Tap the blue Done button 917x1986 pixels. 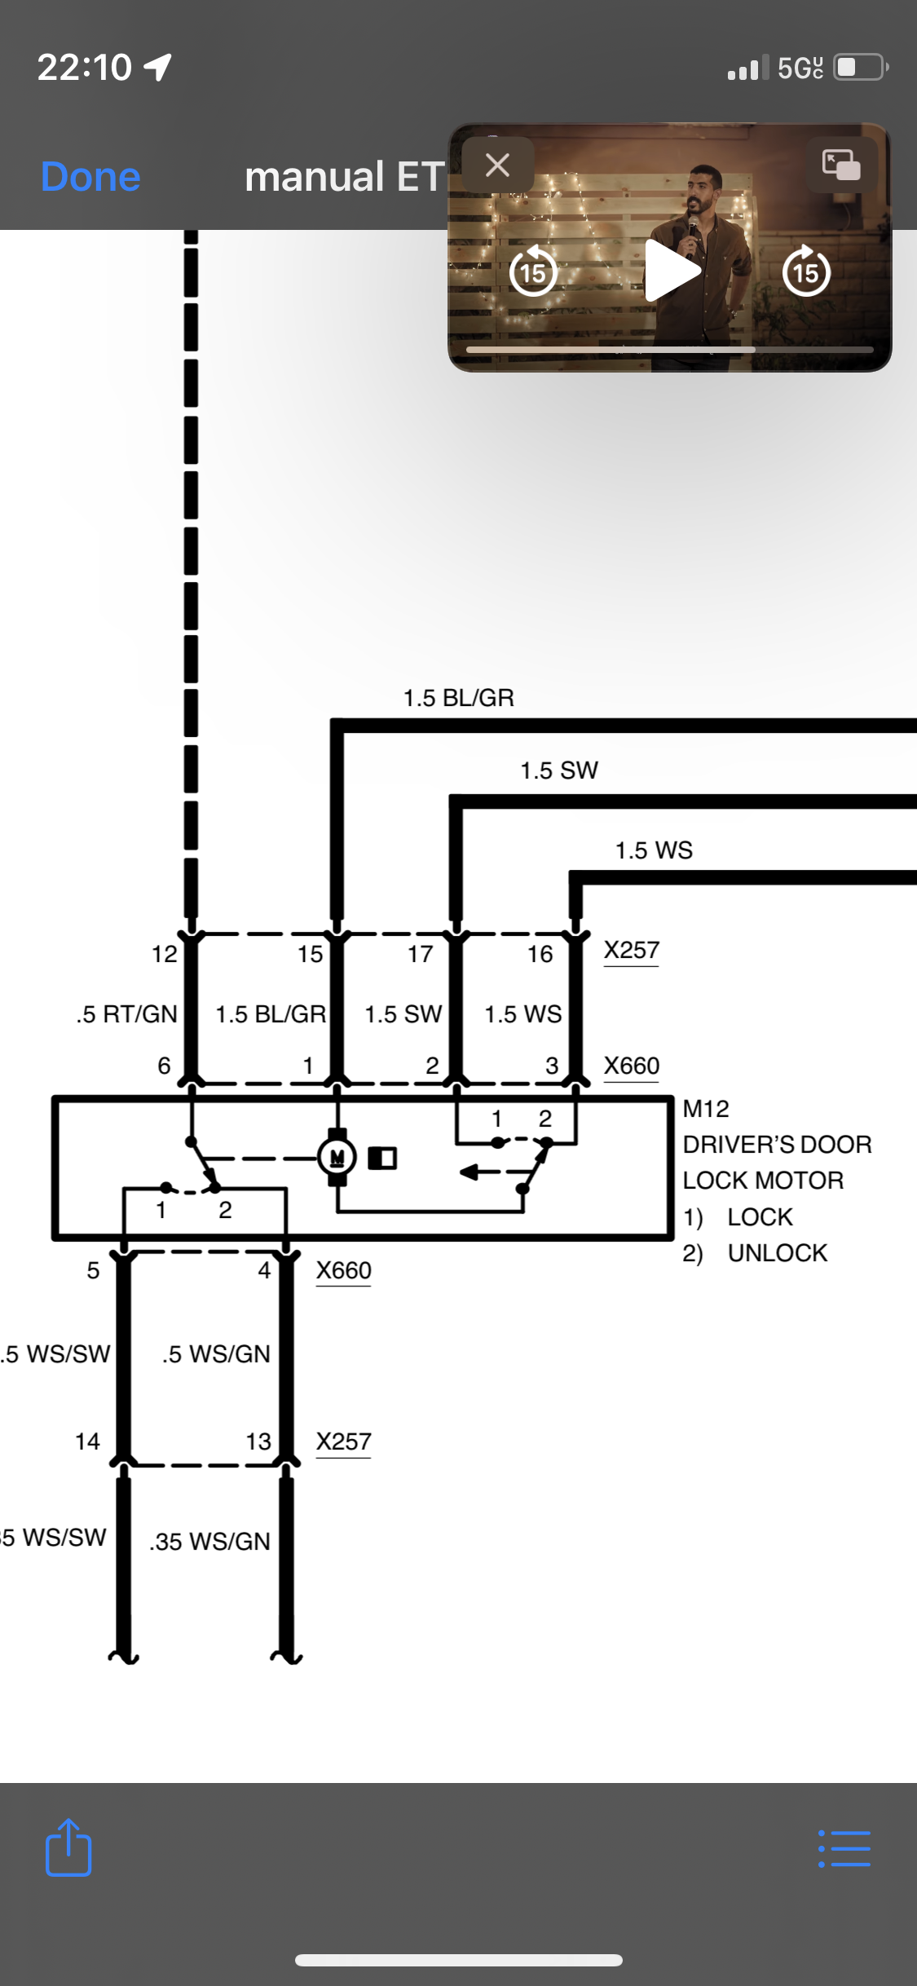click(90, 177)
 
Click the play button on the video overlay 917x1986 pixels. click(672, 271)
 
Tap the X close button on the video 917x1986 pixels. click(497, 165)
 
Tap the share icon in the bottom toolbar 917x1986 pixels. click(68, 1847)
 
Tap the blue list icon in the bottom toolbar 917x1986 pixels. click(844, 1849)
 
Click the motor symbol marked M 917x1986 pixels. click(337, 1156)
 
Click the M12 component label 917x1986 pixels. click(706, 1109)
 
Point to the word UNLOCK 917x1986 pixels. click(777, 1253)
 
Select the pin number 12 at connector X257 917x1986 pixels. click(164, 954)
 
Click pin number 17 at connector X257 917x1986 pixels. click(421, 954)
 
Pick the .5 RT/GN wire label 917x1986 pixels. click(126, 1014)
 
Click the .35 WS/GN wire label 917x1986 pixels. click(209, 1542)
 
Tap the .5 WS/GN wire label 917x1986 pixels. click(216, 1354)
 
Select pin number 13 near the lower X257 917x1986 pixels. click(258, 1441)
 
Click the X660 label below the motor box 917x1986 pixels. click(343, 1270)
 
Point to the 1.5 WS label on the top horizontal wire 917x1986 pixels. click(654, 850)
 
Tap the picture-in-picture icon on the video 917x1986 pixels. click(841, 165)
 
